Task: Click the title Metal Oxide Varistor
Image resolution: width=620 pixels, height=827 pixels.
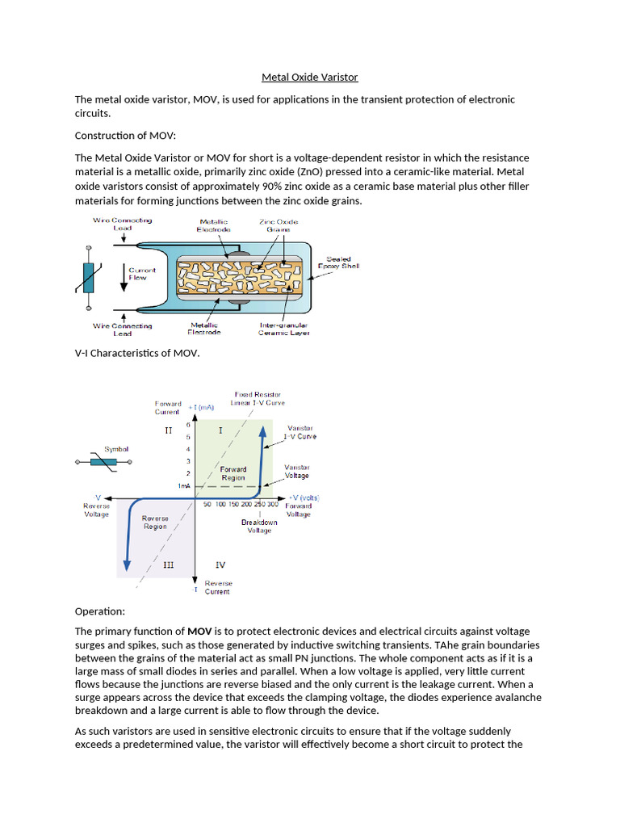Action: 309,78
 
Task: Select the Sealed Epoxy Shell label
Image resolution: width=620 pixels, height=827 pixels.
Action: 342,262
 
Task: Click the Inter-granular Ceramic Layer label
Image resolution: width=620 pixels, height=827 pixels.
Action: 283,329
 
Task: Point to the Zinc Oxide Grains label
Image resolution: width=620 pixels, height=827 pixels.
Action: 278,225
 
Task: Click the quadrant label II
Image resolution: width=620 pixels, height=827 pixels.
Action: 168,430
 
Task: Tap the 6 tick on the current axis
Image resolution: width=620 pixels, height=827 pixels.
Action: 188,424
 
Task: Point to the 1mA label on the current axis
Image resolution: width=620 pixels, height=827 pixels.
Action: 184,485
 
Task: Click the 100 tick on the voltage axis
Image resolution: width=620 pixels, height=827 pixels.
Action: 221,504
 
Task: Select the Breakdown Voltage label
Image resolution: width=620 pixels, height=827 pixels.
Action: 259,526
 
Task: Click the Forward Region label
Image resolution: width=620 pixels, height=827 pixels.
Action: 233,473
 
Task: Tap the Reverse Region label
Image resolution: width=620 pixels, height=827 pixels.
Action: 155,522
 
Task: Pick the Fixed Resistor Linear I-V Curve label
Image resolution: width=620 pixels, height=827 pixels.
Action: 258,398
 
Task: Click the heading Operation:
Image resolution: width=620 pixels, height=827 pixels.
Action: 100,611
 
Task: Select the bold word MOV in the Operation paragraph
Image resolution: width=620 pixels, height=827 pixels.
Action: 199,631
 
